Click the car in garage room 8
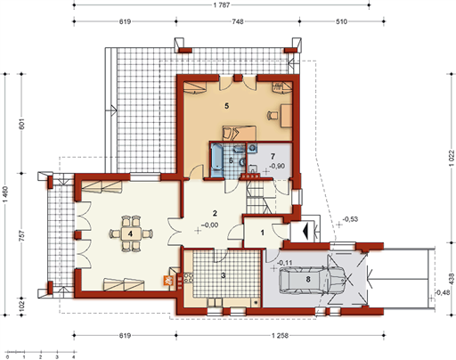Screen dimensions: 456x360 312,279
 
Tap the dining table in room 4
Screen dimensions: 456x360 130,233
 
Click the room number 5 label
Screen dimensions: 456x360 227,106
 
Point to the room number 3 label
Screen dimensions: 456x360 224,275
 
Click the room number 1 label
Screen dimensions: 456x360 263,233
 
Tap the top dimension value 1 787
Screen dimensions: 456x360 222,5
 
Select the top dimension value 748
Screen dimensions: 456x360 238,21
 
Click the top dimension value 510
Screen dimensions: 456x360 341,21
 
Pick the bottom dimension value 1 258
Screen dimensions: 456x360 280,336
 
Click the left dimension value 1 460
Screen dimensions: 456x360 5,194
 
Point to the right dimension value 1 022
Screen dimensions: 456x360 452,158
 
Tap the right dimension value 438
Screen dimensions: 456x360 452,279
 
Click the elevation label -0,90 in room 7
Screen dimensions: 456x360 277,166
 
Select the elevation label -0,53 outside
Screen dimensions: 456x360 350,219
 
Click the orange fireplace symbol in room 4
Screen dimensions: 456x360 167,281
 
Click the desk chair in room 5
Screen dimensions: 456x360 273,115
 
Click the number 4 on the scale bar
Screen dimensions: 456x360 74,356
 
